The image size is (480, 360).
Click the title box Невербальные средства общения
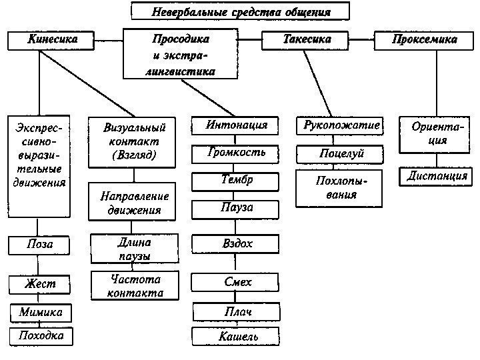pos(240,11)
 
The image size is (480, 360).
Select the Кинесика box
pos(52,40)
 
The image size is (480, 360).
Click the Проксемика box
pos(425,40)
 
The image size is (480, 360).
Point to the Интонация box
pos(237,125)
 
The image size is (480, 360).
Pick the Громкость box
pos(237,153)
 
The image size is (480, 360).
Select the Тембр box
pos(237,181)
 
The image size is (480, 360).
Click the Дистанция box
pos(437,177)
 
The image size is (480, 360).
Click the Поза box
pos(40,245)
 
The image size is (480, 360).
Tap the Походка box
pos(41,336)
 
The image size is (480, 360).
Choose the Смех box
pos(237,283)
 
